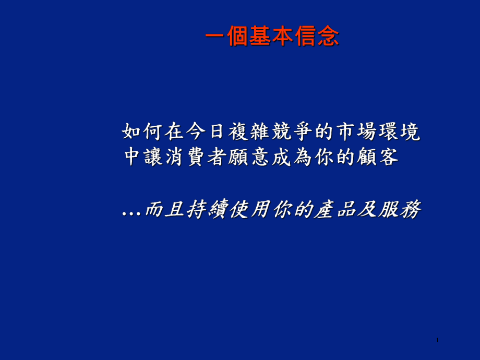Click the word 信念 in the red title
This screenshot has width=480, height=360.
coord(317,36)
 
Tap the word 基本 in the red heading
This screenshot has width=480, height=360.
coord(272,36)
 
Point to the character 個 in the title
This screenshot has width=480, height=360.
coord(237,36)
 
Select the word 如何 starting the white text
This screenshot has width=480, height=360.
coord(142,131)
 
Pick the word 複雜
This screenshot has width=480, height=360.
coord(248,131)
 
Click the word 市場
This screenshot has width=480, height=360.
coord(356,131)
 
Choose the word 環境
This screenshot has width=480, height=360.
coord(399,131)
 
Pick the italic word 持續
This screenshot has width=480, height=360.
coord(208,209)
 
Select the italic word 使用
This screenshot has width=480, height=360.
coord(250,209)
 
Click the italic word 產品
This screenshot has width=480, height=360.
coord(335,209)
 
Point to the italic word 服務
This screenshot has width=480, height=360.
coord(400,209)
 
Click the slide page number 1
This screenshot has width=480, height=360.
coord(437,340)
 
